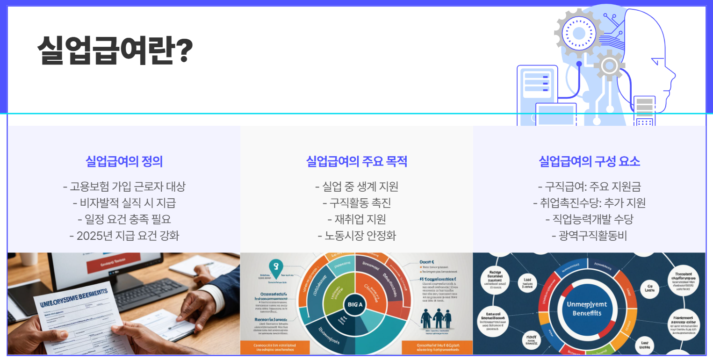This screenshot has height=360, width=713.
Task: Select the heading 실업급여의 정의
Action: (x=124, y=162)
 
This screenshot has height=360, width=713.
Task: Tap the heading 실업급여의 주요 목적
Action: (x=356, y=162)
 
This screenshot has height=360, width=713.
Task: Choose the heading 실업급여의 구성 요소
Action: (x=589, y=162)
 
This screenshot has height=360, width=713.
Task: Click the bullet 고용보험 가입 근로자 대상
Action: (x=124, y=187)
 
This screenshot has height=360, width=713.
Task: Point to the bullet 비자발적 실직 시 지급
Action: (x=124, y=203)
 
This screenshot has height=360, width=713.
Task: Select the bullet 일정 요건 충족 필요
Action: (x=124, y=219)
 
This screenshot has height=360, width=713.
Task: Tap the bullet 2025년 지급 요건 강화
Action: (x=124, y=236)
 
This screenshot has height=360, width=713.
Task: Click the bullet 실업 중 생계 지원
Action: (x=356, y=187)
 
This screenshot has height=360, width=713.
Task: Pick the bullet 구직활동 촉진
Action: (x=356, y=203)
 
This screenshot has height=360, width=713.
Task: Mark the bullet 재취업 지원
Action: (x=356, y=219)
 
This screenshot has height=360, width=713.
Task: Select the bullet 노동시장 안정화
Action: (x=356, y=236)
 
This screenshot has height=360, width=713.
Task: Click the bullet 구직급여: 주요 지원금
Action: (x=589, y=187)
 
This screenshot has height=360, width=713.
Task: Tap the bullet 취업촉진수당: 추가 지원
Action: (x=589, y=203)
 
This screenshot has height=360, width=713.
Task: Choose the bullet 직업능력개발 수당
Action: (x=589, y=219)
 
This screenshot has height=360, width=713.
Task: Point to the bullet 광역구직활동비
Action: (x=589, y=236)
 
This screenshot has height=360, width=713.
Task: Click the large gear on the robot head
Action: (x=578, y=33)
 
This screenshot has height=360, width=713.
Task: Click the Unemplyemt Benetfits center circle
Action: (x=587, y=309)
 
